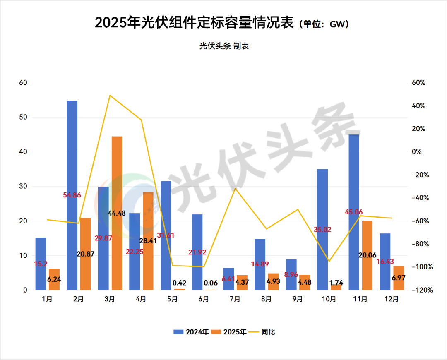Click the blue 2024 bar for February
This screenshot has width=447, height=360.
(x=72, y=194)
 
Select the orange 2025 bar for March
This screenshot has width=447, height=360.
(x=117, y=213)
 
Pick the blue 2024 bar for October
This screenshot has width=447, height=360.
(x=322, y=230)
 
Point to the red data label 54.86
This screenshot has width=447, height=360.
(x=72, y=194)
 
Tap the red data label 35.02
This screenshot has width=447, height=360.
(x=323, y=230)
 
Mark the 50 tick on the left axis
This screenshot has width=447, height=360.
(x=23, y=118)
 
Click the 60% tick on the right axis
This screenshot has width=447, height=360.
(x=419, y=83)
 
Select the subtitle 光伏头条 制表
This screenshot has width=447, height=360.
(x=224, y=46)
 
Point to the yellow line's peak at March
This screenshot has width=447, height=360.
(x=110, y=96)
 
